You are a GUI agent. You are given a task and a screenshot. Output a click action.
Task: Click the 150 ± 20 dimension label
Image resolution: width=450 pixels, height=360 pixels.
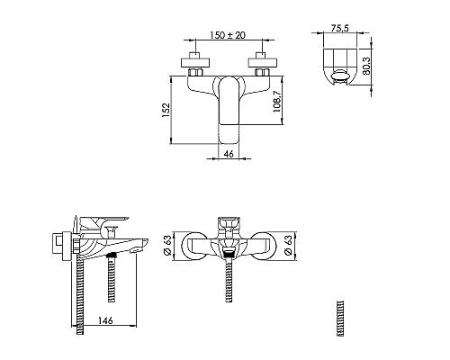(x=228, y=35)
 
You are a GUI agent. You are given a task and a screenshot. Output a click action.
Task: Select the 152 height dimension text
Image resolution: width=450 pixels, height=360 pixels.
(x=166, y=110)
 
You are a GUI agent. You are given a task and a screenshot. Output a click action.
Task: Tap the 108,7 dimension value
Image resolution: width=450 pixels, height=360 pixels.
(x=277, y=102)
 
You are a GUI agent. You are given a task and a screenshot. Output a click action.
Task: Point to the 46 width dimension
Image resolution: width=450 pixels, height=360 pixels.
(x=229, y=154)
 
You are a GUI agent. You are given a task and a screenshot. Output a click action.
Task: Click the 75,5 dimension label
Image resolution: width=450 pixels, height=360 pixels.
(x=340, y=28)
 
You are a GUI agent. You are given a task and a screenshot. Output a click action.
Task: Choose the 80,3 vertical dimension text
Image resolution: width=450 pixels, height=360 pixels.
(x=366, y=66)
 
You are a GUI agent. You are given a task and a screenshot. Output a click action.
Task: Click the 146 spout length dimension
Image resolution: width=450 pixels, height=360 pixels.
(x=105, y=320)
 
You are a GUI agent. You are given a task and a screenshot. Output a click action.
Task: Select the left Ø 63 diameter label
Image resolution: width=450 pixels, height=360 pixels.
(x=167, y=246)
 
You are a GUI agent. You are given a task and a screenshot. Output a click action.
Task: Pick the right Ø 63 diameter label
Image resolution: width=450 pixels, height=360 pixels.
(x=288, y=246)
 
